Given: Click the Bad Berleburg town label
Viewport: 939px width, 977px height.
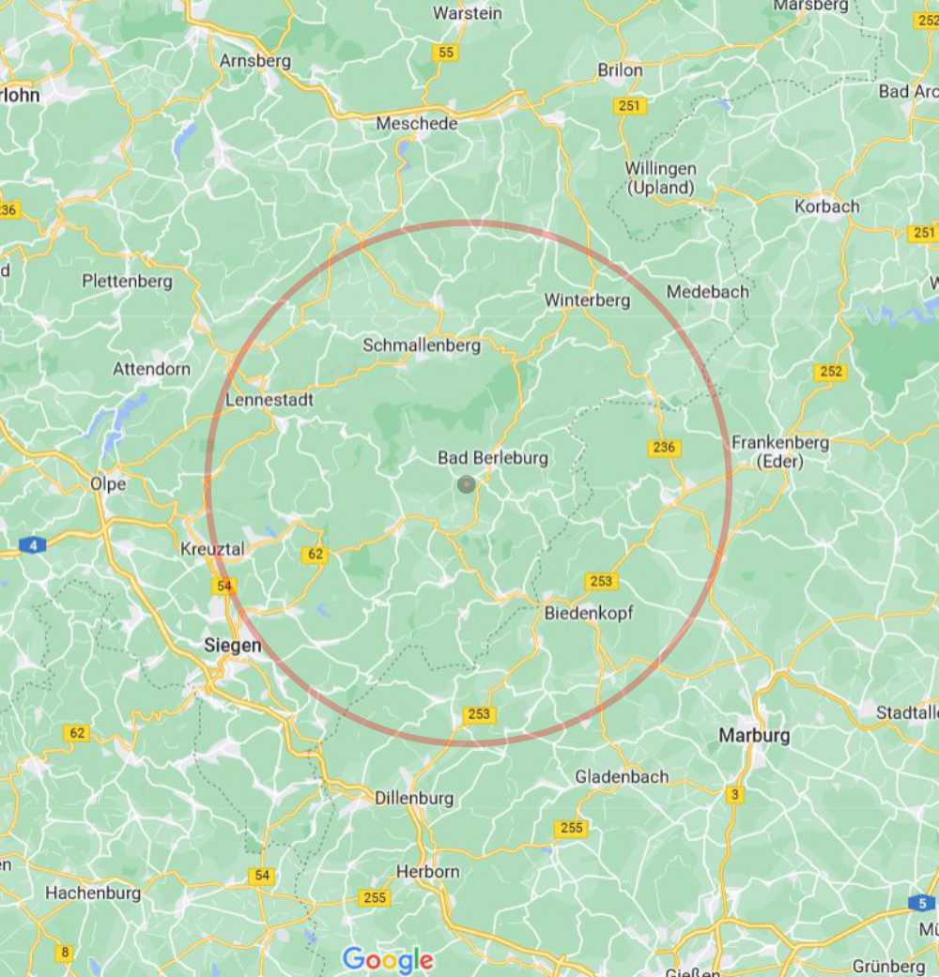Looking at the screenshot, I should click(493, 458).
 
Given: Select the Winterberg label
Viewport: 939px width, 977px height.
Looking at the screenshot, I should click(587, 300).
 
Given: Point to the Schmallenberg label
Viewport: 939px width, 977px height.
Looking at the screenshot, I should click(422, 345).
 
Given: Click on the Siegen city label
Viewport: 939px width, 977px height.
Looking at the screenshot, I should click(232, 646).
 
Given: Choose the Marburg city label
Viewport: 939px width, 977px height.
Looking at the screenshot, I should click(754, 735).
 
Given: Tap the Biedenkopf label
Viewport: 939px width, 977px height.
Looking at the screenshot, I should click(589, 613).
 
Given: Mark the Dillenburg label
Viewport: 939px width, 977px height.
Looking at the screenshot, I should click(414, 798).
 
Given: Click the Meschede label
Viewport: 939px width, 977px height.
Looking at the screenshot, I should click(417, 123).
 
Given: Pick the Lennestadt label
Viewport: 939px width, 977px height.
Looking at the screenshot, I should click(269, 400).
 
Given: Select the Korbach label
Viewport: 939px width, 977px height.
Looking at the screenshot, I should click(826, 206).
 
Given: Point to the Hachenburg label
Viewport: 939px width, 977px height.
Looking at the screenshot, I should click(93, 893).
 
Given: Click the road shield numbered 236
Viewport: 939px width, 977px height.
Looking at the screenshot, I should click(664, 448).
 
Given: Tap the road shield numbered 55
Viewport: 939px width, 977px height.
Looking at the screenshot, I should click(446, 53).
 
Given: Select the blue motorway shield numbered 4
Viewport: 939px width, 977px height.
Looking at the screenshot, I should click(33, 544).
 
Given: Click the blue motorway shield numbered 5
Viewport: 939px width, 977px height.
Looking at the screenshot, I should click(921, 903).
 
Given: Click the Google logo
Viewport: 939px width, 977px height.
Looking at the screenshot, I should click(388, 959).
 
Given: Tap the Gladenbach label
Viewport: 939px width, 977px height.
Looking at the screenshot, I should click(622, 776).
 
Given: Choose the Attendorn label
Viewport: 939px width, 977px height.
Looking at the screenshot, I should click(151, 369).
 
